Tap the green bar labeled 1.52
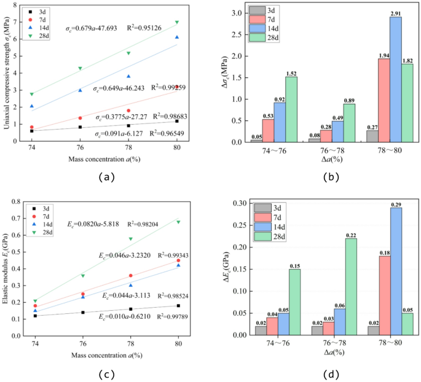[x=291, y=109]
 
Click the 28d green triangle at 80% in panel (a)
[x=177, y=22]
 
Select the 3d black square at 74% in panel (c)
[x=35, y=315]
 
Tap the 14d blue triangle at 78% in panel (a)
[x=128, y=76]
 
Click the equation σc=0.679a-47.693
[x=93, y=28]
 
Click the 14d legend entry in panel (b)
[x=265, y=29]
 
